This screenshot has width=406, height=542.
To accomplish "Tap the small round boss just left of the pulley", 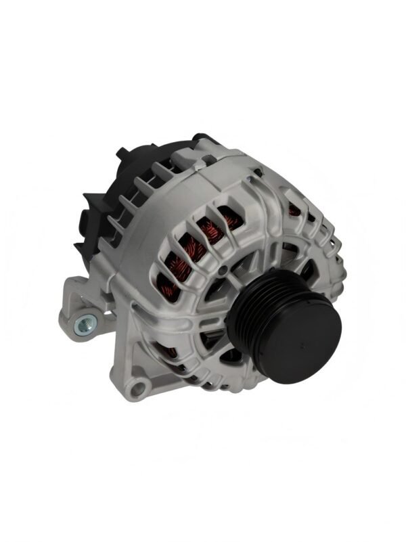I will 221,271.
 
